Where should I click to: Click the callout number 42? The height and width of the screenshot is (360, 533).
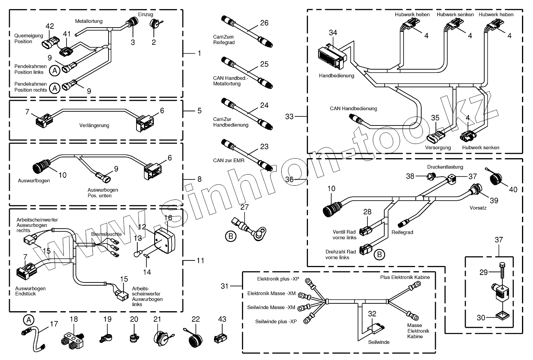click(50, 26)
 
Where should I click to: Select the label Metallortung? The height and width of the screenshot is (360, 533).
click(89, 21)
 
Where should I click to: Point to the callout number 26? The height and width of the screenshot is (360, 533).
click(264, 23)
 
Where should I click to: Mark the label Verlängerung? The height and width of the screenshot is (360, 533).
click(94, 126)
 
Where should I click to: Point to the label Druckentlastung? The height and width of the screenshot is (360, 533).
click(445, 167)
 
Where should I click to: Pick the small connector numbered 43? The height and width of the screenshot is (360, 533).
click(220, 338)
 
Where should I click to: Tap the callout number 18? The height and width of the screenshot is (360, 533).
click(74, 319)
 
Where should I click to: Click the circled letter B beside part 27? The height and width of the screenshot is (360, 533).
click(231, 236)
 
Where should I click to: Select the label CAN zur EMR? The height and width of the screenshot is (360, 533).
click(229, 161)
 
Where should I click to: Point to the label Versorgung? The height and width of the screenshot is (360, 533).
click(438, 148)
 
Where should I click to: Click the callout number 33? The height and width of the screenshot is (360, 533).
click(290, 116)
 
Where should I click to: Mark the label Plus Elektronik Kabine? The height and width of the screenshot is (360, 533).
click(405, 277)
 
